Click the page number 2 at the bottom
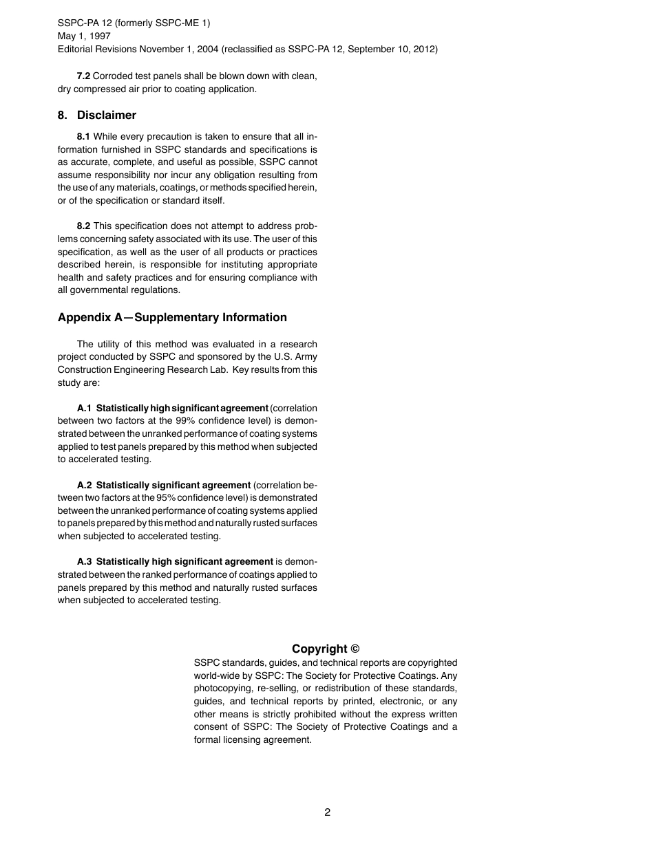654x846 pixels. [x=327, y=812]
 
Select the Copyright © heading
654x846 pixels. [x=326, y=649]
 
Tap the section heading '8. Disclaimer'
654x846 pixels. [x=97, y=115]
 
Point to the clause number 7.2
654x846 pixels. [x=83, y=76]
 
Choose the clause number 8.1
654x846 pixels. [x=83, y=136]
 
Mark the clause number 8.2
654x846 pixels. [x=83, y=226]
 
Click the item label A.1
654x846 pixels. [x=84, y=408]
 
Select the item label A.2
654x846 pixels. [x=84, y=485]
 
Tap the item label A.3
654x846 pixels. [x=84, y=561]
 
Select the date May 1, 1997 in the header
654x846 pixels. [x=84, y=36]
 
